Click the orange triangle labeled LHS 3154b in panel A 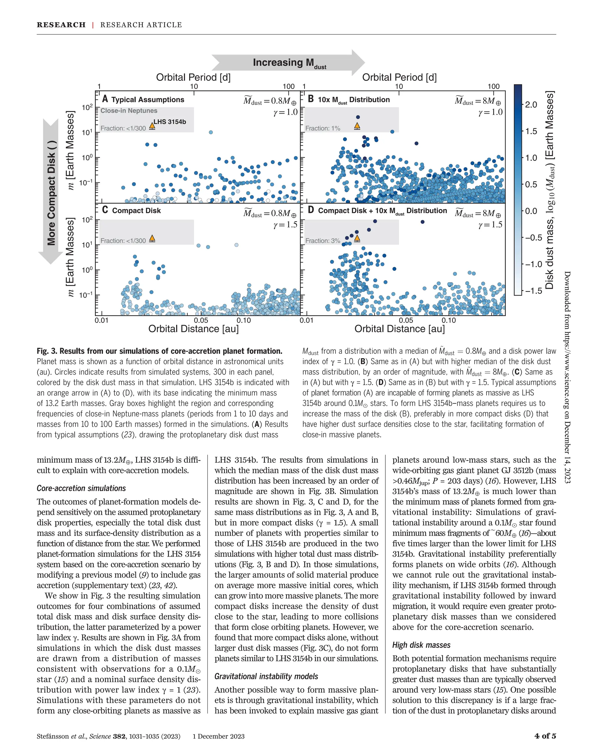coord(152,126)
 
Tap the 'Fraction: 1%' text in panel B coord(323,129)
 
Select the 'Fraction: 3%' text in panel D coord(323,241)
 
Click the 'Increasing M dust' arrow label coord(289,63)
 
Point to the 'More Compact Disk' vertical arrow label coord(51,193)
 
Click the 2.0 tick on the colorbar coord(530,105)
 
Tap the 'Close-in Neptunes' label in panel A coord(129,111)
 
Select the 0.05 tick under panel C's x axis coord(201,320)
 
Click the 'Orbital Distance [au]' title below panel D coord(399,329)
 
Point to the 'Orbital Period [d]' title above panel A coord(193,77)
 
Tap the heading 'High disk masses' coord(421,645)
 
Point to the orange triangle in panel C coord(152,238)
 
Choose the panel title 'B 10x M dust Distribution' coord(349,100)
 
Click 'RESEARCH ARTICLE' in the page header coord(141,25)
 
